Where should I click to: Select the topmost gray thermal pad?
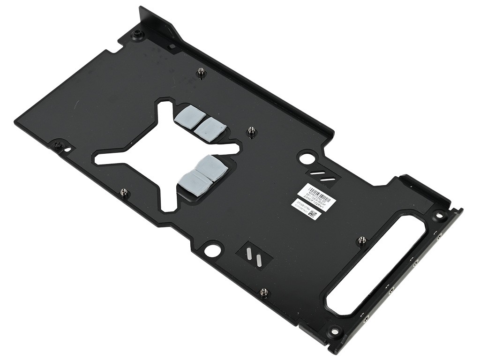pyautogui.click(x=186, y=114)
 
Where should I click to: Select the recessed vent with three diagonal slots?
pyautogui.click(x=322, y=177)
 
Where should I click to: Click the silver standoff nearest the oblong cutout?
pyautogui.click(x=361, y=240)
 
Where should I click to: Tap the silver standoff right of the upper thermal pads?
pyautogui.click(x=251, y=131)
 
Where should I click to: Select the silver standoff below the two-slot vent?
pyautogui.click(x=263, y=292)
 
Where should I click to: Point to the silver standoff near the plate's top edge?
pyautogui.click(x=201, y=71)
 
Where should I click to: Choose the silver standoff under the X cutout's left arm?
pyautogui.click(x=123, y=192)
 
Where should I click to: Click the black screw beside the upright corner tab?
pyautogui.click(x=137, y=34)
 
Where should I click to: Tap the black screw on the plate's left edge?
pyautogui.click(x=57, y=144)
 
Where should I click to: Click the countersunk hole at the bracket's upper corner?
pyautogui.click(x=439, y=215)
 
